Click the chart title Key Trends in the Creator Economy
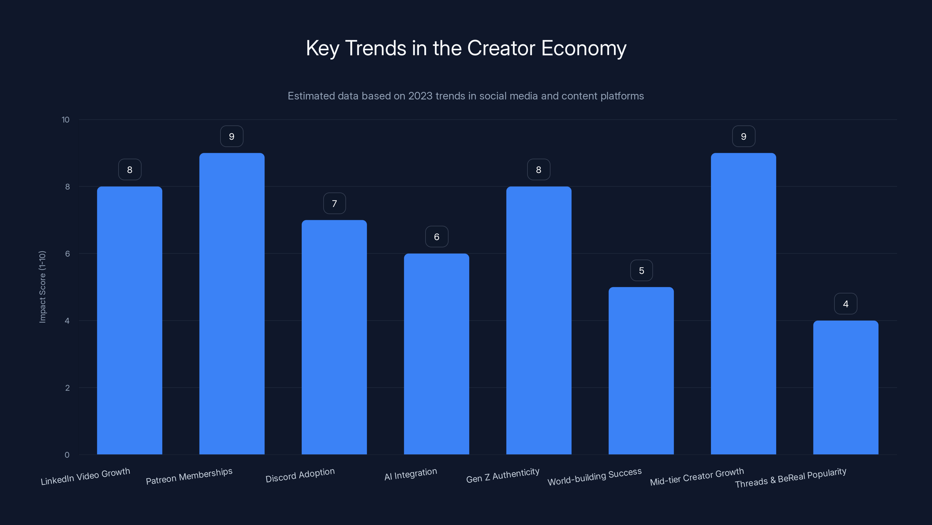coord(466,48)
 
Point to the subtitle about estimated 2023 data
coord(466,96)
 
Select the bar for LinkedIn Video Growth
coord(130,320)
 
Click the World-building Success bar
coord(641,371)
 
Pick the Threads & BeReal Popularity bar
coord(845,387)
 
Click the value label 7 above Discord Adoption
coord(334,204)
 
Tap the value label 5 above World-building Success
coord(641,271)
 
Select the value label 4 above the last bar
coord(845,304)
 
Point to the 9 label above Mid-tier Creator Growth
coord(744,136)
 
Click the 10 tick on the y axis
coord(66,120)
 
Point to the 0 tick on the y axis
coord(67,455)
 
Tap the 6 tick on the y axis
coord(67,254)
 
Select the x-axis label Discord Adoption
coord(300,475)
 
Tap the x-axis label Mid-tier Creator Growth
coord(697,477)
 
